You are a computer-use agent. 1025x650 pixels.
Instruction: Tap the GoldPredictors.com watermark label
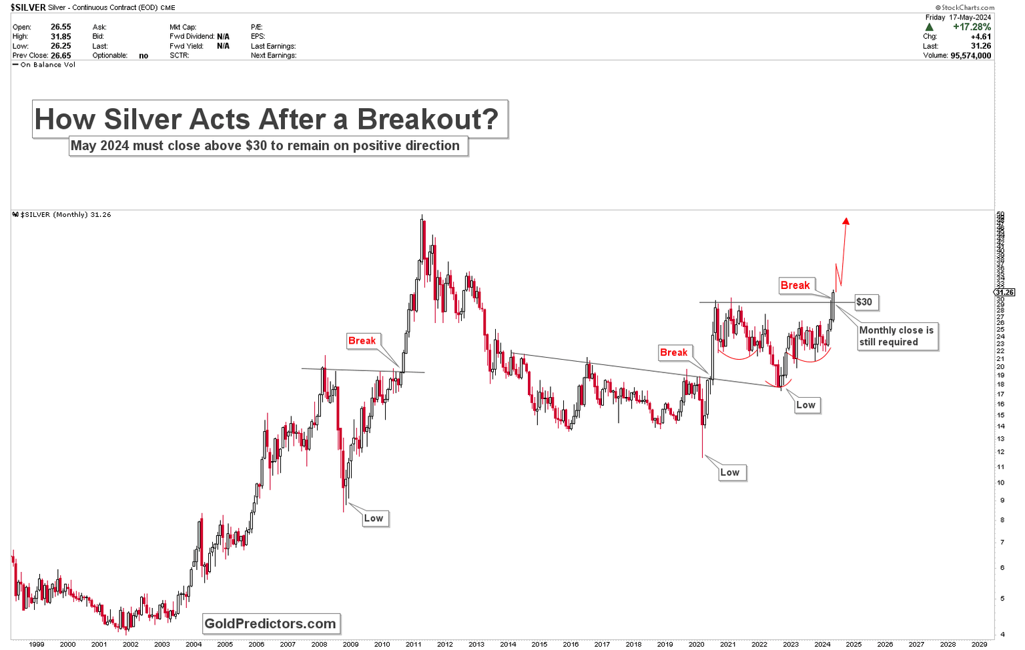[x=270, y=624]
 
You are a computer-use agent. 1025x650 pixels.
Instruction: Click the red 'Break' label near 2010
[x=362, y=341]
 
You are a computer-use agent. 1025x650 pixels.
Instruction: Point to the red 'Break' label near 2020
[x=673, y=352]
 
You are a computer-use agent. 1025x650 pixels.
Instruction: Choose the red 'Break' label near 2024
[x=795, y=286]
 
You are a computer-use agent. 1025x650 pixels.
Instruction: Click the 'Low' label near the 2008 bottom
[x=374, y=519]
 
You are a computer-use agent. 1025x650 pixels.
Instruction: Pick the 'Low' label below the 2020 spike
[x=729, y=472]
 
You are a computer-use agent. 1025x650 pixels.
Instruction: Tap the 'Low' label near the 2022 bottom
[x=805, y=405]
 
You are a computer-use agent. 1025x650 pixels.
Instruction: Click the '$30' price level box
[x=864, y=302]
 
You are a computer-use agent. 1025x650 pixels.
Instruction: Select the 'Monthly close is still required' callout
[x=896, y=336]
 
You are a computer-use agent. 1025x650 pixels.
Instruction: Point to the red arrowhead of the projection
[x=845, y=222]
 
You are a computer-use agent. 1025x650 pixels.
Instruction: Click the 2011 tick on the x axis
[x=413, y=644]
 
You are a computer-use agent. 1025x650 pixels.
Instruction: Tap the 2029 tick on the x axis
[x=979, y=644]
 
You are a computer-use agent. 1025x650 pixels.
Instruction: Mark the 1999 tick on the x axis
[x=36, y=644]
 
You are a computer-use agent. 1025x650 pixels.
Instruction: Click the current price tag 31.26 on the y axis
[x=1004, y=292]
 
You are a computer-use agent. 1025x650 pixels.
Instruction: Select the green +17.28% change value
[x=972, y=27]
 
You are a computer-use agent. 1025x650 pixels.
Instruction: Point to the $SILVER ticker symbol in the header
[x=28, y=7]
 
